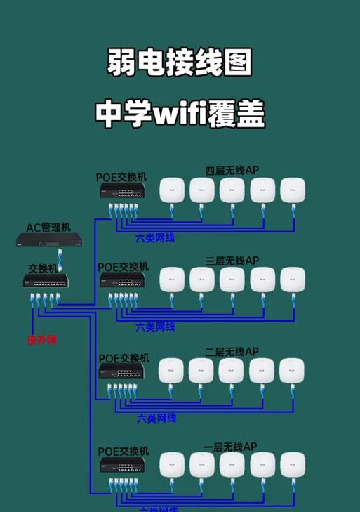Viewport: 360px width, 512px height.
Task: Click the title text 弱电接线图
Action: [x=180, y=64]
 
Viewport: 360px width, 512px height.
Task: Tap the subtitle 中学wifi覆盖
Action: [x=180, y=114]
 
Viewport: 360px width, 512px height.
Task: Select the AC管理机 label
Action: [x=49, y=228]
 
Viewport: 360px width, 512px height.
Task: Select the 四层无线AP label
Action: [x=232, y=171]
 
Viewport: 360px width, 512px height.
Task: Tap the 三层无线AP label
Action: [x=232, y=261]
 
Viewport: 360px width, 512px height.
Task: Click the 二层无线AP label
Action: [x=232, y=351]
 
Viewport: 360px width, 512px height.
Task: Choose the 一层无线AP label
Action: [x=232, y=447]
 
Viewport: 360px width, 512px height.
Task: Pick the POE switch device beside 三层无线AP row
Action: [x=122, y=280]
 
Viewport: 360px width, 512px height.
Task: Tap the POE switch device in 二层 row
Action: [x=122, y=372]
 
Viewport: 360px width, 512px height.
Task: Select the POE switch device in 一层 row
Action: [x=122, y=466]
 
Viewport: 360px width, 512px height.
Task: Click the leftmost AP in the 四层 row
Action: [x=171, y=190]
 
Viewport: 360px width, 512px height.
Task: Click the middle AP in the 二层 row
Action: [x=232, y=371]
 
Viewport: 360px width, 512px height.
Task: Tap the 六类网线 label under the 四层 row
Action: [x=155, y=239]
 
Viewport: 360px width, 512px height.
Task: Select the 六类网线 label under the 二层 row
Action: [x=156, y=418]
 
